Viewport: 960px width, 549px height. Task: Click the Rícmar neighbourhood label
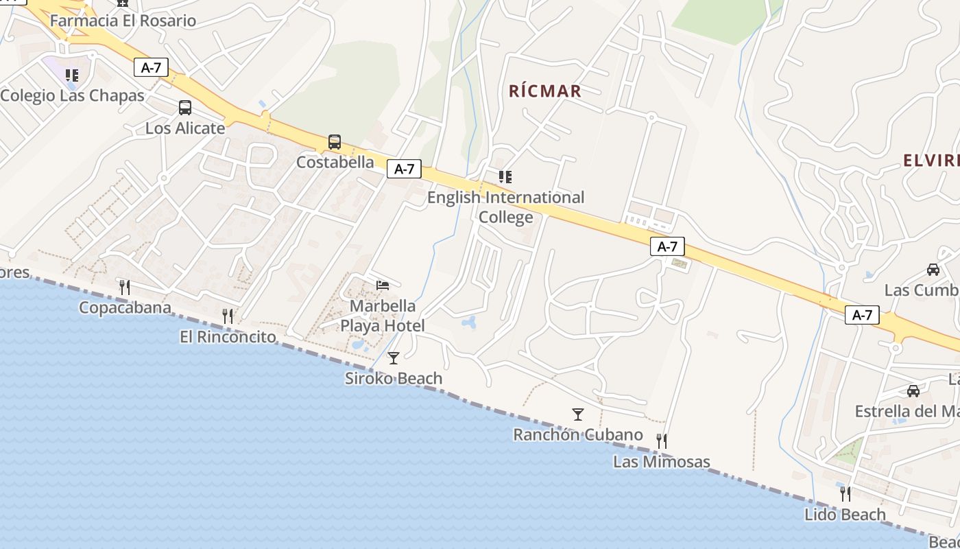coord(545,91)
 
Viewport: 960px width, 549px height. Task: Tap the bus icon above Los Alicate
coord(185,108)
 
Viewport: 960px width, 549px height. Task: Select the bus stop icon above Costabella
coord(335,142)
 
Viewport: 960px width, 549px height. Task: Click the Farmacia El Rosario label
coord(123,21)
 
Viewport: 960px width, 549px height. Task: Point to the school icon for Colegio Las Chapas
coord(72,75)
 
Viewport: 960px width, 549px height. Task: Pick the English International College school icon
coord(505,177)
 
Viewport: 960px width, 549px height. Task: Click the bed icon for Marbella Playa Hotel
coord(383,285)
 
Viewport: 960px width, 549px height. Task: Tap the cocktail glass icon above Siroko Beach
coord(394,358)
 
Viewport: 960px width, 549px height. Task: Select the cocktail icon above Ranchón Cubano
coord(578,414)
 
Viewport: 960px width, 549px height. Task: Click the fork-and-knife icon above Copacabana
coord(125,287)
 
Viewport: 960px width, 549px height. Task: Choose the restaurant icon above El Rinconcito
coord(228,316)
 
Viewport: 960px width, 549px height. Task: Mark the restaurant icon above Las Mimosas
coord(662,441)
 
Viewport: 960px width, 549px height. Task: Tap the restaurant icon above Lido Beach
coord(845,493)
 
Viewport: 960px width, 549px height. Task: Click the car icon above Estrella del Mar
coord(913,390)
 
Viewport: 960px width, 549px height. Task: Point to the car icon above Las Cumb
coord(933,269)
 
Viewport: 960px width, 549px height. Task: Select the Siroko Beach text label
coord(394,378)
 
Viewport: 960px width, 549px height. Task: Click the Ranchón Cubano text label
coord(578,434)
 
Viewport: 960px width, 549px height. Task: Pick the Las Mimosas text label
coord(662,461)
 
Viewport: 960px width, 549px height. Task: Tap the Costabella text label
coord(335,163)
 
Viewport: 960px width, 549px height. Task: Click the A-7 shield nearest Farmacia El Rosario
coord(151,67)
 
